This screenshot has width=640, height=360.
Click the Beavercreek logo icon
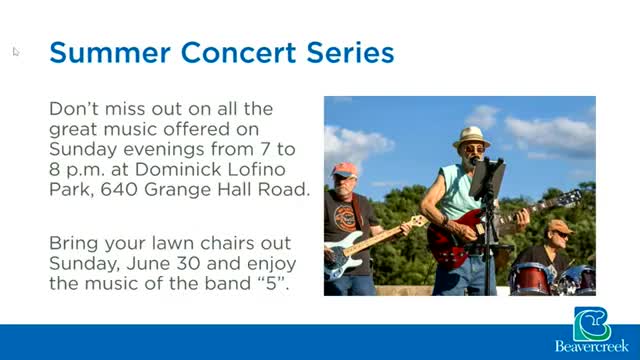(592, 324)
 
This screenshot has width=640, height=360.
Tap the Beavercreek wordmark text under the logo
(592, 349)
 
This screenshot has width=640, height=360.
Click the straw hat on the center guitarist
(470, 135)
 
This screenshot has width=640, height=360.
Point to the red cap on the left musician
(344, 170)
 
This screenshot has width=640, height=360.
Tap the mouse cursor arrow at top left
(15, 50)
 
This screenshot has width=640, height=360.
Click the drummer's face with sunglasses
(559, 232)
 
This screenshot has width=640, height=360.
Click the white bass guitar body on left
(344, 259)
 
